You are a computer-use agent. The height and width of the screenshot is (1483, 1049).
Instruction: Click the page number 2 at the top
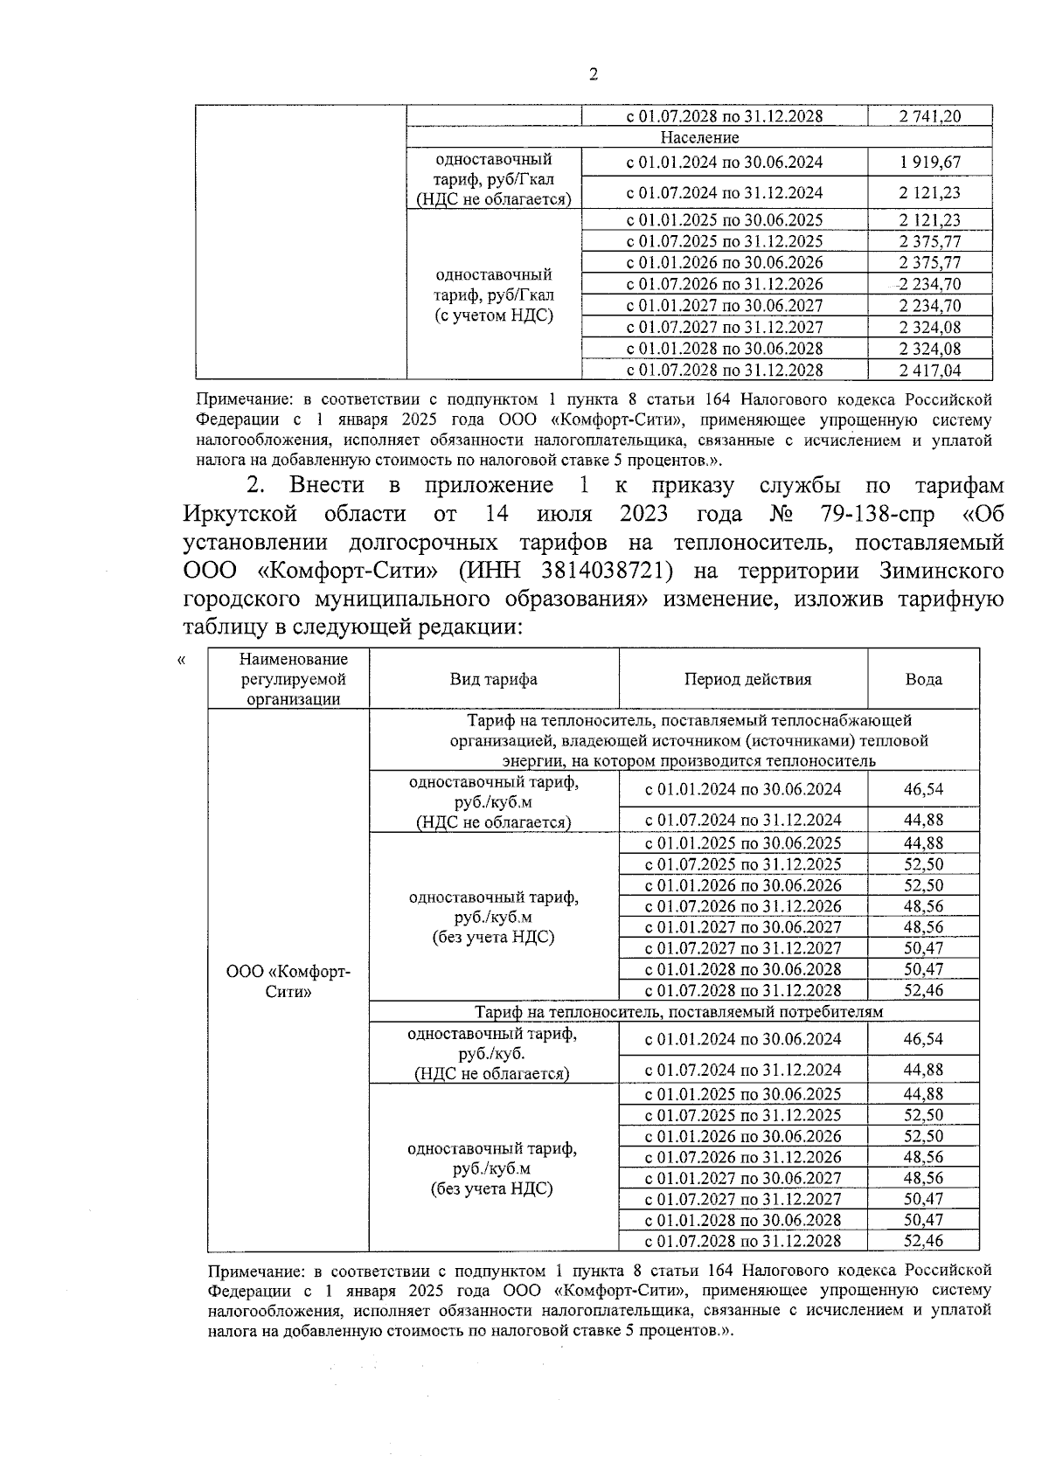tap(593, 75)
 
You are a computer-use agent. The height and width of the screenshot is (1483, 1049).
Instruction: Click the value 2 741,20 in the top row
tap(929, 116)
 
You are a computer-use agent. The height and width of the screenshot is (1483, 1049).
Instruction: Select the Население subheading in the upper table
tap(699, 138)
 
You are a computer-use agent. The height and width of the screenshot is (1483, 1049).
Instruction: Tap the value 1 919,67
tap(929, 163)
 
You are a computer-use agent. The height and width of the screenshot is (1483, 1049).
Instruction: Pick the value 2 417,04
tap(929, 371)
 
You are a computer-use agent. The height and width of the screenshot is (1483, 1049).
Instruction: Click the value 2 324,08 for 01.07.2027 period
tap(929, 328)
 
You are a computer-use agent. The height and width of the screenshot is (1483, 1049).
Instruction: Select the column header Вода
tap(923, 680)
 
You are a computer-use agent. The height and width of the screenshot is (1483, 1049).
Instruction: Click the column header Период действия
tap(747, 680)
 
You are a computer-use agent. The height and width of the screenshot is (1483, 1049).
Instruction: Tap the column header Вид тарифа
tap(493, 680)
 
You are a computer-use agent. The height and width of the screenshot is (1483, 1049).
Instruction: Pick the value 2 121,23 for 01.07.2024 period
tap(929, 193)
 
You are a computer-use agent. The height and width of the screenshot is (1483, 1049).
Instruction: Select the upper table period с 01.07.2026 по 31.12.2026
tap(724, 284)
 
